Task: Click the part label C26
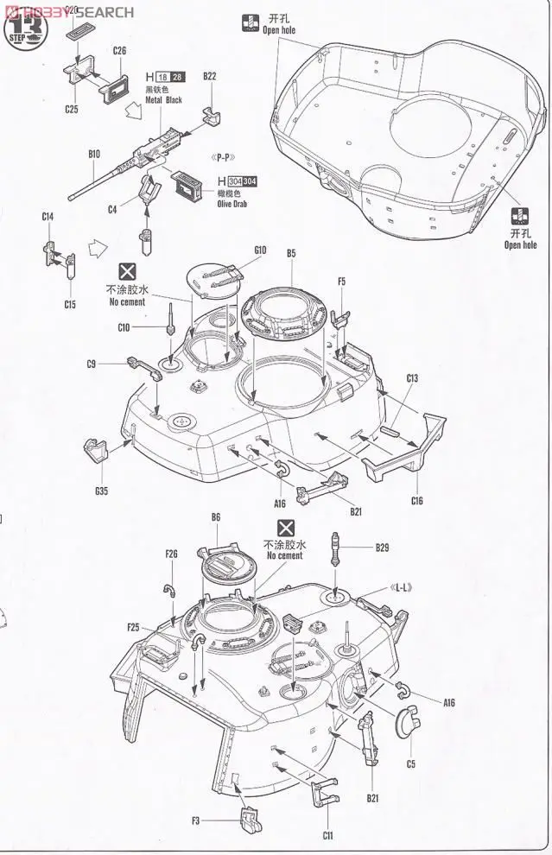coord(119,51)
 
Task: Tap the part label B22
coord(209,76)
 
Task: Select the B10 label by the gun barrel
coord(94,154)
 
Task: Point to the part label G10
coord(260,250)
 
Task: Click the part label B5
coord(291,253)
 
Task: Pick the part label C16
coord(416,501)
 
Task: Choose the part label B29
coord(383,548)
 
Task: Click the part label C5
coord(410,763)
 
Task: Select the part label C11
coord(328,835)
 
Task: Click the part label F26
coord(170,554)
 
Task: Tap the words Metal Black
coord(164,100)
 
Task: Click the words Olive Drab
coord(235,206)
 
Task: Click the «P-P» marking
coord(224,157)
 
